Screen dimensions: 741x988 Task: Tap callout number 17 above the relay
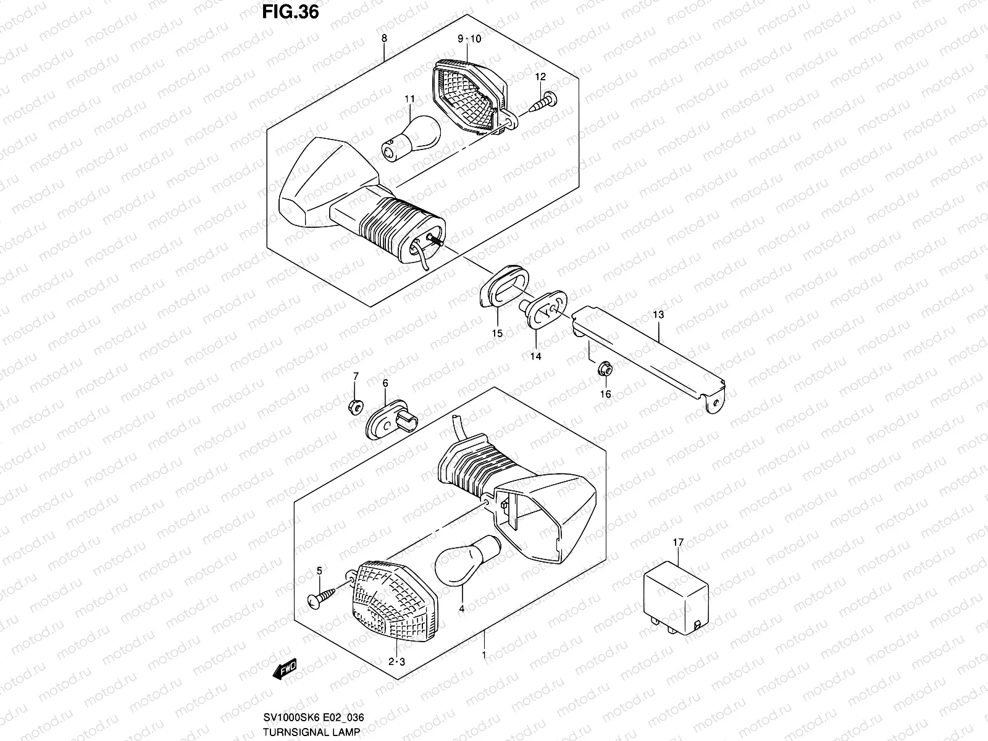(x=678, y=542)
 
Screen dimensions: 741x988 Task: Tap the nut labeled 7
(x=355, y=407)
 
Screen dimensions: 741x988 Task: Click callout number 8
(x=384, y=38)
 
